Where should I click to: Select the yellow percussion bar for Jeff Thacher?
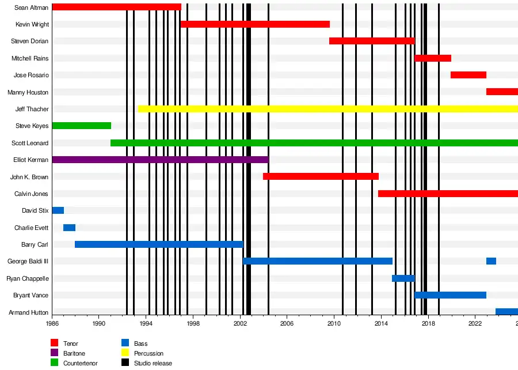coord(328,109)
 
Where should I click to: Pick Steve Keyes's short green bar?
coord(81,126)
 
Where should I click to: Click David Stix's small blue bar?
coord(58,210)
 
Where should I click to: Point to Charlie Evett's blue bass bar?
coord(69,228)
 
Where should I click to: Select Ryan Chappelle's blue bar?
coord(403,278)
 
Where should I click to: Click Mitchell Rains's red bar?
coord(433,58)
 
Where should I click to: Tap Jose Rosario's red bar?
coord(469,75)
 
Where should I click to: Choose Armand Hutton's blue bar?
coord(506,312)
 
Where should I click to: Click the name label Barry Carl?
coord(35,245)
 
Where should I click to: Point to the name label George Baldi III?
coord(28,262)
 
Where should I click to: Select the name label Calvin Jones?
coord(31,194)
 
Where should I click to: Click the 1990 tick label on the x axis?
coord(99,324)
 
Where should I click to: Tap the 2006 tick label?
coord(287,324)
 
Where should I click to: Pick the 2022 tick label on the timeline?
coord(475,324)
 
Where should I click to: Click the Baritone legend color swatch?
coord(55,353)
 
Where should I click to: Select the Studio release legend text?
coord(153,363)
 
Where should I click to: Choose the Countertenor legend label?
coord(80,363)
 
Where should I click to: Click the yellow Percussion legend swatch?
coord(125,353)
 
